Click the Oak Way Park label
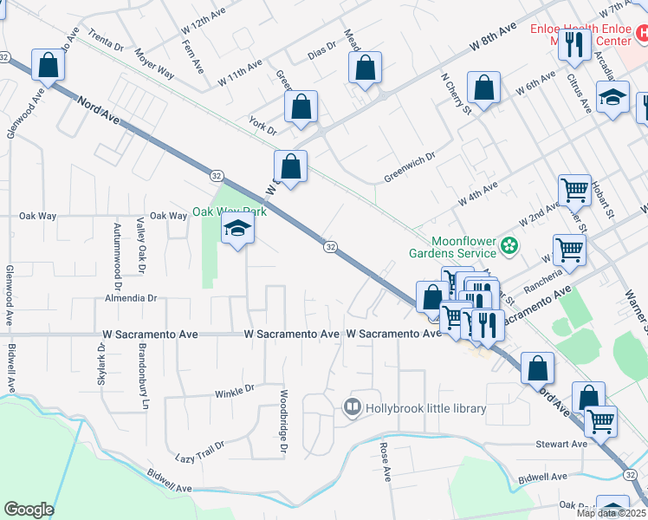[229, 211]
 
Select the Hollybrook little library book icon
[353, 407]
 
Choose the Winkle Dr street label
[235, 391]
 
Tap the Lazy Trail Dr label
[199, 451]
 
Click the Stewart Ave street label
[561, 444]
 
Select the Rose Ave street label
[386, 462]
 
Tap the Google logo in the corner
[29, 510]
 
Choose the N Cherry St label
[455, 94]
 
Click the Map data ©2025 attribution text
[611, 513]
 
